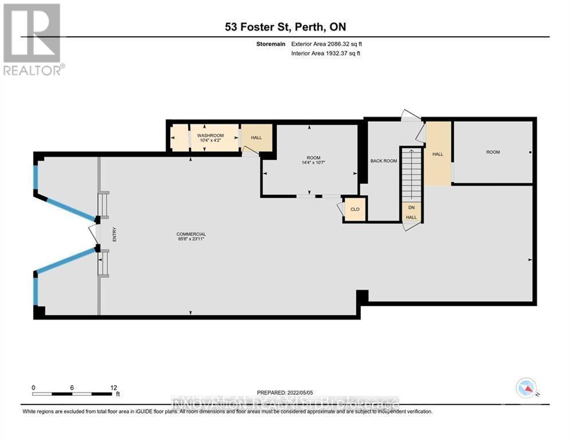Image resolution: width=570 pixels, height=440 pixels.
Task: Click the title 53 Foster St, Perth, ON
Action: [x=284, y=27]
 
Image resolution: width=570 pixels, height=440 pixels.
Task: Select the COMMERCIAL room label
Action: [x=191, y=234]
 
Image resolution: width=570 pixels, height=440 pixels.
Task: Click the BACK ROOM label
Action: [x=383, y=161]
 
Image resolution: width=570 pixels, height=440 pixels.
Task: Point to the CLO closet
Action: [x=355, y=209]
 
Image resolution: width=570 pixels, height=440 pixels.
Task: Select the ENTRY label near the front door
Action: [x=115, y=235]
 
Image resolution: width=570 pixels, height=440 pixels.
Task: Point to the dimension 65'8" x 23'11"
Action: [x=191, y=239]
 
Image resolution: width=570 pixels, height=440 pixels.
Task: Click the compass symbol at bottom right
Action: [x=525, y=388]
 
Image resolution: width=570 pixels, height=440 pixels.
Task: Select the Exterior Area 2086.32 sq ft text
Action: [x=326, y=44]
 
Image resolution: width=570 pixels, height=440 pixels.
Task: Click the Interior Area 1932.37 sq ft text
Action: [x=326, y=53]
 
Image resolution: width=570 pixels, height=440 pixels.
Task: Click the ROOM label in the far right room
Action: [x=493, y=152]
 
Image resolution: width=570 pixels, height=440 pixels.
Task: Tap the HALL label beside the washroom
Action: [x=255, y=137]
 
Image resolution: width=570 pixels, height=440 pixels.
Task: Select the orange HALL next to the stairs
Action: [x=438, y=154]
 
